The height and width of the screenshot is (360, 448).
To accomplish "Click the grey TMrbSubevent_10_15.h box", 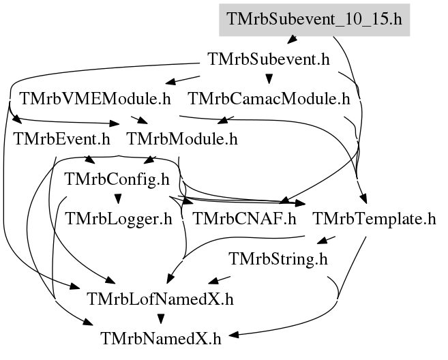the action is pos(314,20).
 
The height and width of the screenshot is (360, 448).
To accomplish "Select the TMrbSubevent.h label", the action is pos(269,59).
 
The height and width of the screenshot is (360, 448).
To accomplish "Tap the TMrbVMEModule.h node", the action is pos(95,99).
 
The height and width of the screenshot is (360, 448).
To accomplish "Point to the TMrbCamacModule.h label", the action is pos(269,99).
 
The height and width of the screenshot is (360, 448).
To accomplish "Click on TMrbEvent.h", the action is pos(62,139).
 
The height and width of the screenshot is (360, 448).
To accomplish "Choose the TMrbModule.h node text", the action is pos(182,139).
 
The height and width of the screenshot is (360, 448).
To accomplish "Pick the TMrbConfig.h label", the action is pos(117,179).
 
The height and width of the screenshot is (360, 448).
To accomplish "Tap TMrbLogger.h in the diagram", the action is pos(119,219).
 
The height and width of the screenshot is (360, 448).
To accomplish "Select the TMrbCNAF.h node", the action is pos(245,219).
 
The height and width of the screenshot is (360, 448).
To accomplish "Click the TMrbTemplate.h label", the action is pos(374,219).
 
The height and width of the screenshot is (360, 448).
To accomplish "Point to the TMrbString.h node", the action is pos(278,259).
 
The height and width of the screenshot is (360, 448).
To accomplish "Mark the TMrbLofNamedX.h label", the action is pos(160,299).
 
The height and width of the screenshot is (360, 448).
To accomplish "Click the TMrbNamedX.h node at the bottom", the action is pos(161,339).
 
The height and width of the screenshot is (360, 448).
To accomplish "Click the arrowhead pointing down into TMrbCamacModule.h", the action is pos(269,79).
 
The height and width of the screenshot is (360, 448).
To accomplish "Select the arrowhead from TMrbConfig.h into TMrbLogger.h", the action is pos(118,199).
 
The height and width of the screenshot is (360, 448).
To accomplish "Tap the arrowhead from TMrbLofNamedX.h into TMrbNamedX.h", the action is pos(161,319).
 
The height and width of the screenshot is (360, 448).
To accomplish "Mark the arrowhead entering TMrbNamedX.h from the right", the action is pos(233,335).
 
